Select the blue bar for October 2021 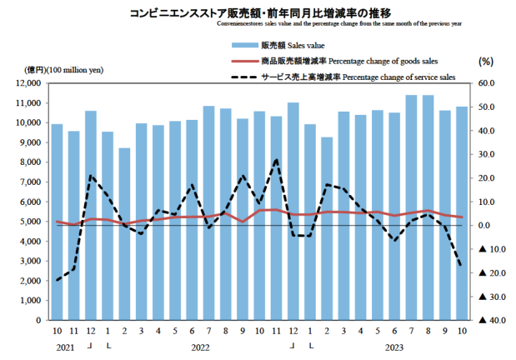click(x=58, y=222)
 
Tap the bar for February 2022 click(x=125, y=233)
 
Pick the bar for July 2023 click(x=411, y=207)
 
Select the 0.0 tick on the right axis click(x=487, y=225)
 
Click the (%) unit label click(x=486, y=61)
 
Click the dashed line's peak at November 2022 click(x=277, y=159)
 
